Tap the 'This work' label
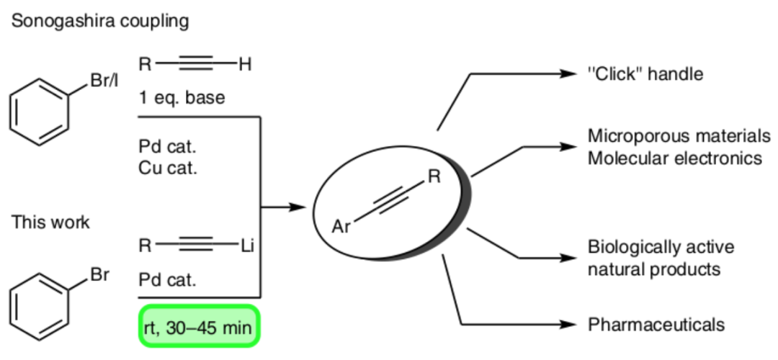pyautogui.click(x=50, y=222)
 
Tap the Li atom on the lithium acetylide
pyautogui.click(x=248, y=247)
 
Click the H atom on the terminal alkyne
pyautogui.click(x=245, y=66)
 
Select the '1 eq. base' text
pyautogui.click(x=182, y=97)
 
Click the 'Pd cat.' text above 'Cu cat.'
pyautogui.click(x=167, y=147)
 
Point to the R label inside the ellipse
pyautogui.click(x=433, y=176)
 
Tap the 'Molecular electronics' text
pyautogui.click(x=674, y=157)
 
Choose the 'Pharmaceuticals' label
pyautogui.click(x=656, y=325)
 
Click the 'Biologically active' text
pyautogui.click(x=661, y=247)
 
